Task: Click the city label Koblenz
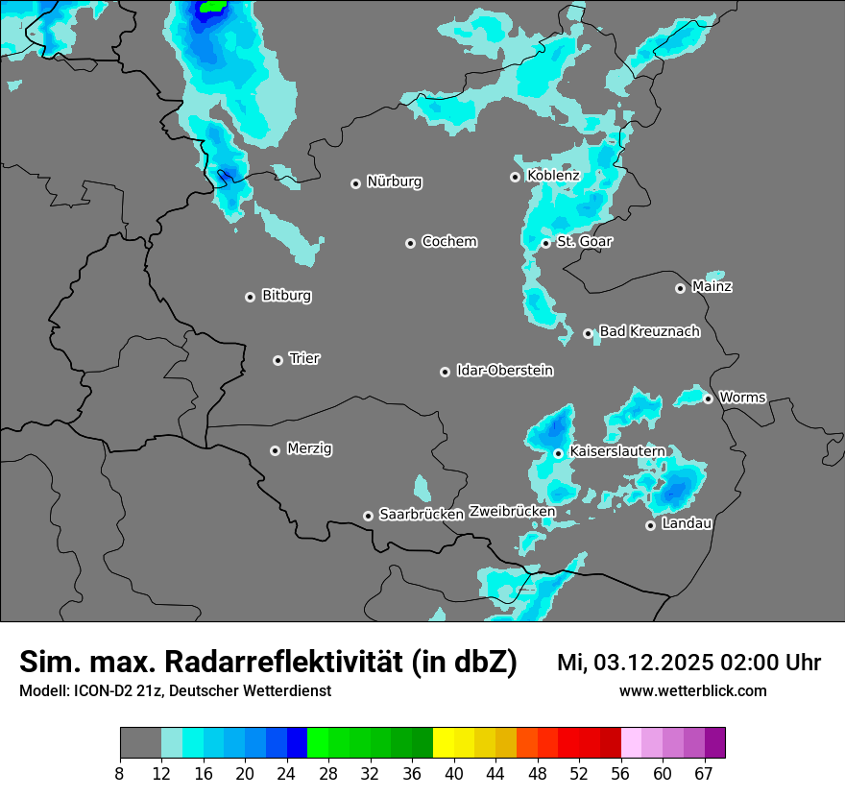(553, 176)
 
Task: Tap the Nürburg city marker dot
(355, 183)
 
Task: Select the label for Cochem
(449, 242)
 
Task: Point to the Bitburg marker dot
(250, 297)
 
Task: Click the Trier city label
(304, 359)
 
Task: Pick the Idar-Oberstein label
(505, 371)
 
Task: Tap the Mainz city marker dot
(680, 288)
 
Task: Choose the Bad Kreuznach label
(649, 332)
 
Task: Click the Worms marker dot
(708, 398)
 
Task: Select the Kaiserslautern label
(617, 451)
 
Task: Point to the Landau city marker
(650, 525)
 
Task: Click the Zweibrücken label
(512, 512)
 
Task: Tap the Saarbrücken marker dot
(368, 516)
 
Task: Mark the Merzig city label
(310, 448)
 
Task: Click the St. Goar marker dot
(545, 243)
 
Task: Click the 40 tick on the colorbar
(454, 774)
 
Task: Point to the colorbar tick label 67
(704, 774)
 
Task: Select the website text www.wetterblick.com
(693, 690)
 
